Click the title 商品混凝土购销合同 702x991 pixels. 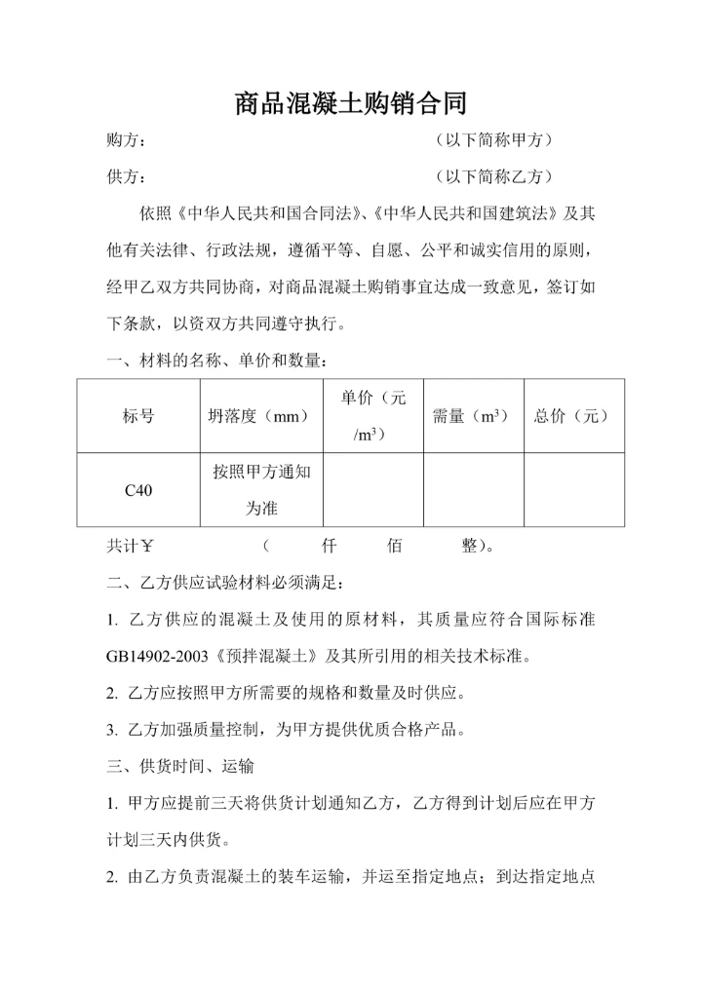tap(351, 103)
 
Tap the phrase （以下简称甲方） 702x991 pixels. tap(497, 141)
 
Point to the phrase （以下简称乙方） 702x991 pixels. tap(497, 177)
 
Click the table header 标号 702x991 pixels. tap(138, 416)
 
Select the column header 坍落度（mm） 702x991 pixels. tap(258, 416)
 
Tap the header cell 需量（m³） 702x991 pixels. tap(472, 416)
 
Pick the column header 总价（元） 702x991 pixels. tap(572, 416)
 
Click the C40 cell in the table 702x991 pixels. tap(138, 490)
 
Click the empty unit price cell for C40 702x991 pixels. tap(372, 490)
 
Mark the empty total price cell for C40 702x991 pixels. tap(573, 490)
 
